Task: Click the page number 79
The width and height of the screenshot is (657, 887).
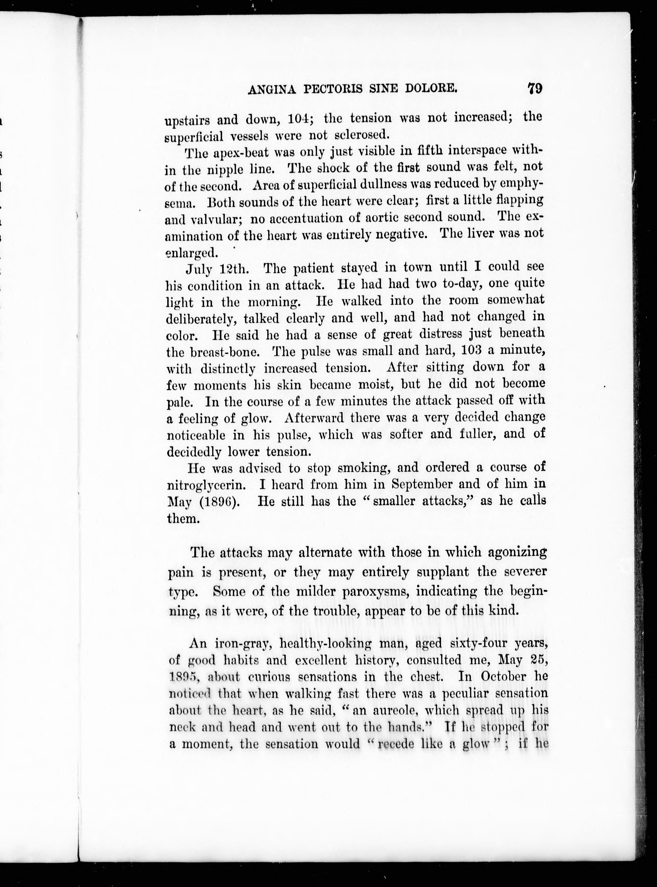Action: click(x=535, y=88)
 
